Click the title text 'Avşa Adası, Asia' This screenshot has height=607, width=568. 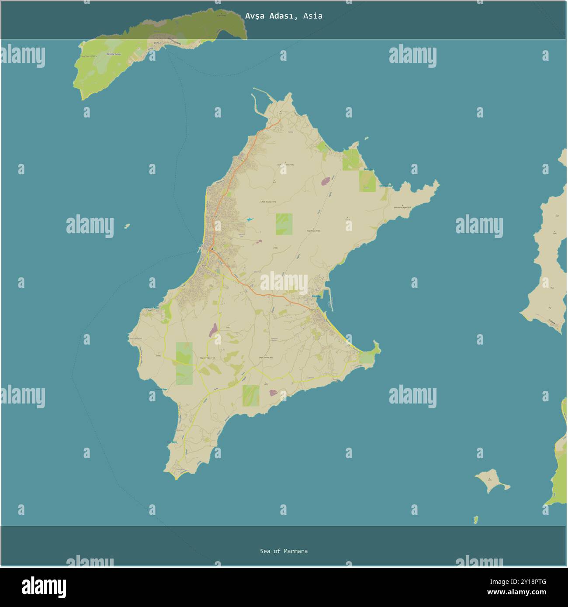click(284, 16)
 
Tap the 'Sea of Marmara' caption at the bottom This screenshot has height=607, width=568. click(284, 551)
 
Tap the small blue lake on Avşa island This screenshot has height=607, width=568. click(249, 219)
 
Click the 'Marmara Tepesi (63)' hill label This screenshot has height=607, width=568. click(402, 207)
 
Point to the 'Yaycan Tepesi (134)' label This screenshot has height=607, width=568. click(208, 358)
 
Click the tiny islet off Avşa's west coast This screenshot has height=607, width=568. click(127, 226)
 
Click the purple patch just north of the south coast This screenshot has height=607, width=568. click(274, 393)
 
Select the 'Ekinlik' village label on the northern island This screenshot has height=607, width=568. click(157, 43)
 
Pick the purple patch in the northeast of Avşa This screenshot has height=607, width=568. click(326, 181)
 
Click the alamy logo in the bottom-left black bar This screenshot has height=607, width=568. click(44, 587)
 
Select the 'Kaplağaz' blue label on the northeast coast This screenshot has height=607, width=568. click(369, 169)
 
